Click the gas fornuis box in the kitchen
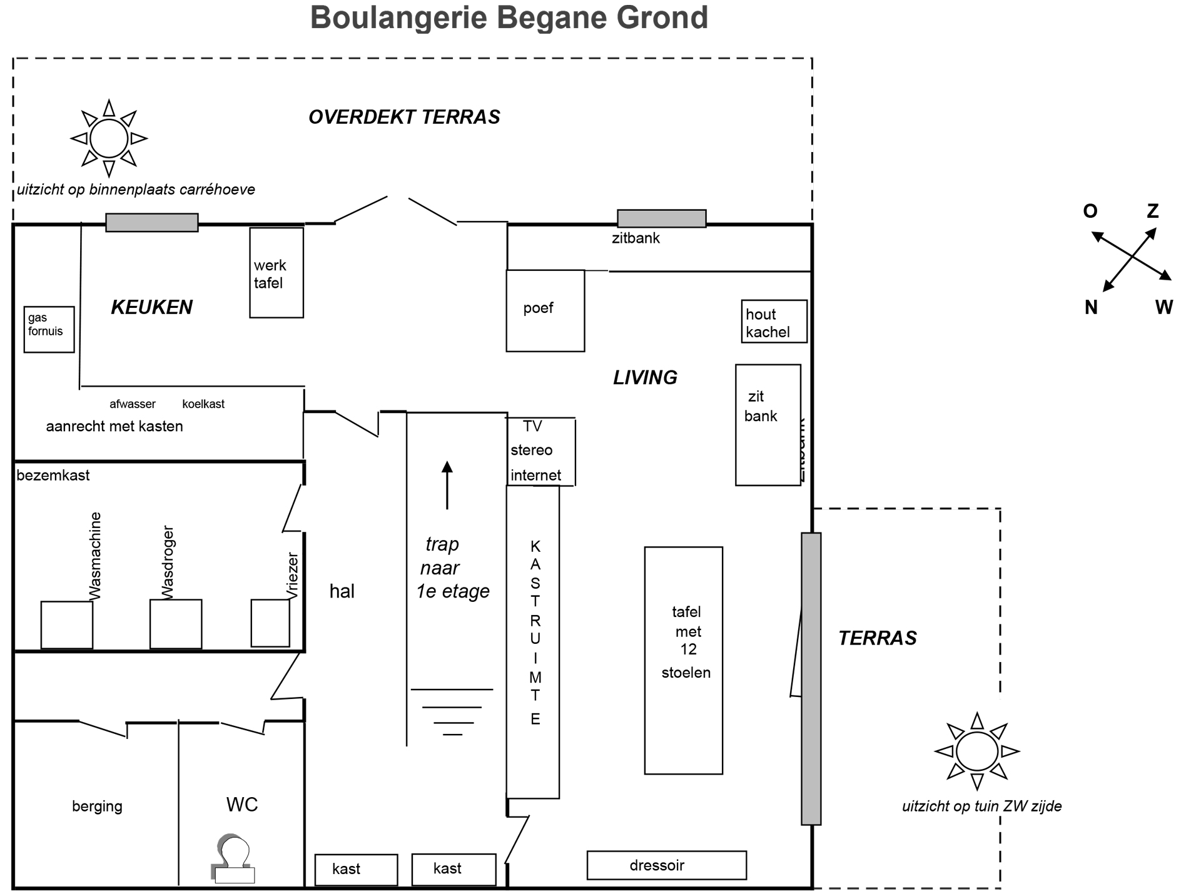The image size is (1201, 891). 49,329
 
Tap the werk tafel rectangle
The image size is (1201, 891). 276,273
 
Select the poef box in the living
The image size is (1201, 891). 545,310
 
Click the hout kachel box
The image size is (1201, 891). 774,322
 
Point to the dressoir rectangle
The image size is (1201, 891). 667,865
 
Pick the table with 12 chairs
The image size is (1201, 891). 684,661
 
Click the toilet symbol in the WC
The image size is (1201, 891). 233,858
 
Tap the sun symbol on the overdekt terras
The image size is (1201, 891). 109,138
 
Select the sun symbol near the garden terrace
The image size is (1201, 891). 977,751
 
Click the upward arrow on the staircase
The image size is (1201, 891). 447,485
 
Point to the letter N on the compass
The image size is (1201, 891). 1091,307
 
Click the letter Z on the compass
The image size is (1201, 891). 1152,211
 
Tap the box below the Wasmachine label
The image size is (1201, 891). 67,625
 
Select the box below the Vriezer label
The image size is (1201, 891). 270,623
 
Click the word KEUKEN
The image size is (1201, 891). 152,307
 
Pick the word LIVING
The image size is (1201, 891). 645,377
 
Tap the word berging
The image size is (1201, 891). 97,807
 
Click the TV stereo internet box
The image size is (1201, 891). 540,451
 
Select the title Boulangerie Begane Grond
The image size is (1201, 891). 509,18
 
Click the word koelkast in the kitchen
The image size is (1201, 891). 203,404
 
